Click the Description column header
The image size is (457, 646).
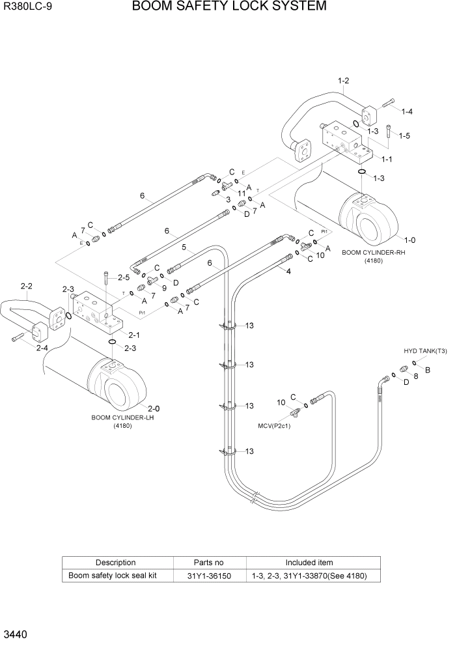tap(116, 563)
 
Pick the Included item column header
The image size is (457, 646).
tap(309, 563)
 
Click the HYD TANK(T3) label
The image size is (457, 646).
tap(425, 352)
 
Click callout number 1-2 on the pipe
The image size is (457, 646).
tap(344, 81)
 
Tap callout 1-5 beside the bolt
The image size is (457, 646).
tap(404, 136)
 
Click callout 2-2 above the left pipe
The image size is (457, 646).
tap(27, 286)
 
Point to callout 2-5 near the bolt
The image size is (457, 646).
tap(123, 277)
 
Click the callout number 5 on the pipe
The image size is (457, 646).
tap(184, 247)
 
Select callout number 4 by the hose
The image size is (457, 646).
tap(288, 272)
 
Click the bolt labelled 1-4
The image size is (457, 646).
tap(389, 102)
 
